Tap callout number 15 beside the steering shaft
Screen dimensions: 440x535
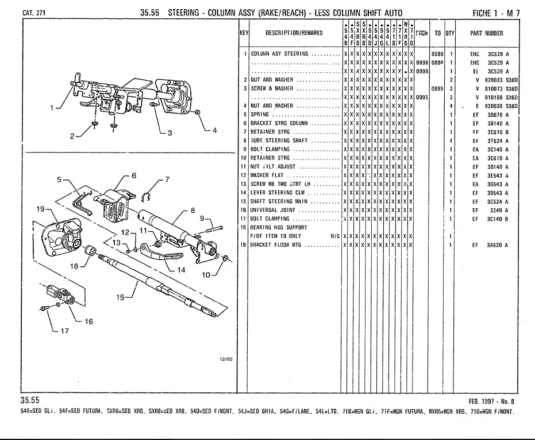point(120,297)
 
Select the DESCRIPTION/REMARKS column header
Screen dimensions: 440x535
point(294,33)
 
